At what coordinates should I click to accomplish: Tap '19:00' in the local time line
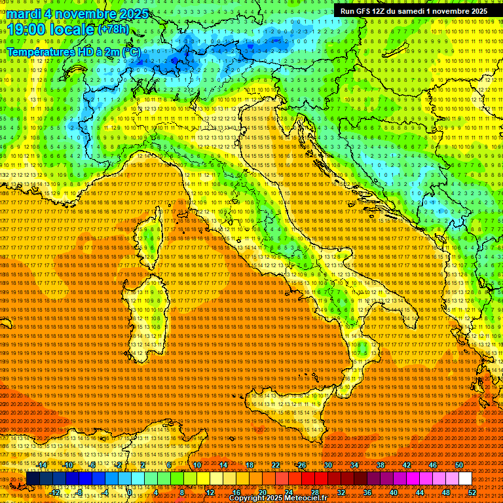pos(26,29)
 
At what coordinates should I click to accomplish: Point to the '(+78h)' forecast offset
pos(113,30)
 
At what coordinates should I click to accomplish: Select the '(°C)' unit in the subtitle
pos(132,51)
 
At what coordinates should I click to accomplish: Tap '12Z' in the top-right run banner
pos(384,11)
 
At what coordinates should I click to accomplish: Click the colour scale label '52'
pos(472,493)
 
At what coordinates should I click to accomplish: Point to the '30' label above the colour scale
pos(328,465)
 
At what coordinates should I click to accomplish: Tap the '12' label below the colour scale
pos(210,493)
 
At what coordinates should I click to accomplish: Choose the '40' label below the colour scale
pos(393,493)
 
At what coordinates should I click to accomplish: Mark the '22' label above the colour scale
pos(276,465)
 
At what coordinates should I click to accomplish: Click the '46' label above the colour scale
pos(433,465)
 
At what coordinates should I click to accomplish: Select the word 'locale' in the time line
pos(73,29)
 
